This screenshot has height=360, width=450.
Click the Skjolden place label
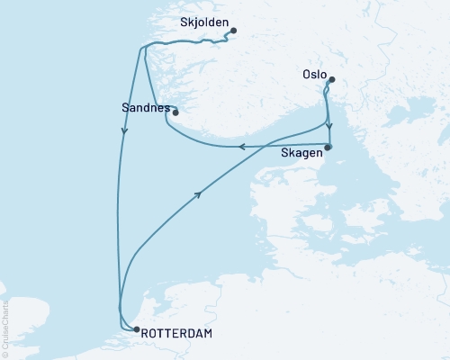click(x=204, y=21)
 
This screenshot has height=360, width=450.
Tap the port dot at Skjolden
click(x=233, y=31)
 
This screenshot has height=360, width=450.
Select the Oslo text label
click(x=311, y=66)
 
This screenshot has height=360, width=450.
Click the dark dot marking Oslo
click(x=331, y=79)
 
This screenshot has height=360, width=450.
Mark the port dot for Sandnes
click(x=175, y=112)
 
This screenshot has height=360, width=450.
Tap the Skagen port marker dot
click(x=328, y=147)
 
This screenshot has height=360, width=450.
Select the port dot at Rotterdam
click(x=137, y=329)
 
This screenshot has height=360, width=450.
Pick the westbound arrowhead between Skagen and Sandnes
click(x=241, y=148)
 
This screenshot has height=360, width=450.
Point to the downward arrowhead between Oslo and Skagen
click(x=329, y=127)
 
